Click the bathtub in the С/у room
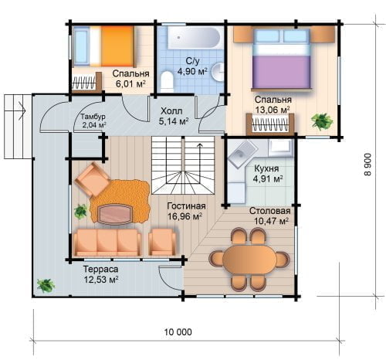195,37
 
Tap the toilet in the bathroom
167,81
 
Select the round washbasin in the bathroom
218,71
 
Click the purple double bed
282,59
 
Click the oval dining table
249,260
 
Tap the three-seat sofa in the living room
107,243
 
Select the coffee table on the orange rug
115,214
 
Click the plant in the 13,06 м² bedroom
322,121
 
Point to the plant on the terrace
46,285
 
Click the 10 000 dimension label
178,332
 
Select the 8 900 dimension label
367,165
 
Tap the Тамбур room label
93,117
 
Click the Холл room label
171,111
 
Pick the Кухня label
266,168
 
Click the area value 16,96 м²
185,216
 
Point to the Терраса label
101,270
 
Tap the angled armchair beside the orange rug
93,179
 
